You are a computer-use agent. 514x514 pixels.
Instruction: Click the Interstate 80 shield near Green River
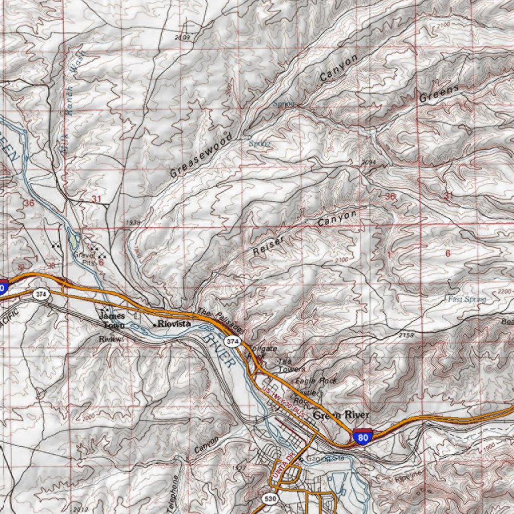[x=362, y=437]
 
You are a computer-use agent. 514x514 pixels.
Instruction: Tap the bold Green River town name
[x=341, y=415]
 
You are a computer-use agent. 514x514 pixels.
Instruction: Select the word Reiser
[x=269, y=246]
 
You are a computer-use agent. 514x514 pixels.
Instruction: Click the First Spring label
[x=467, y=300]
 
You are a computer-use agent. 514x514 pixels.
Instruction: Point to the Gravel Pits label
[x=84, y=259]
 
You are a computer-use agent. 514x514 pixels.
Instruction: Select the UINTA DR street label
[x=283, y=465]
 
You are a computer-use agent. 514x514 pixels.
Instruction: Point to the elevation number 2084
[x=368, y=162]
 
